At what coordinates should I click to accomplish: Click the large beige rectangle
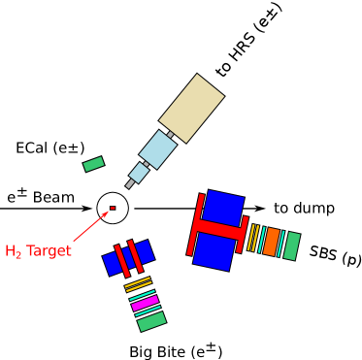(191, 108)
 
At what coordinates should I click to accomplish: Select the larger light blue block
(158, 149)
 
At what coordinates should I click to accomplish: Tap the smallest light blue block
(139, 173)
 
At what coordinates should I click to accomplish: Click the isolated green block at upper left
(93, 164)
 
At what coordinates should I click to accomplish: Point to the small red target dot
(113, 208)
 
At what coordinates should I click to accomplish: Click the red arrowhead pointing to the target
(104, 214)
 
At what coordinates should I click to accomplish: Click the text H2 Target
(38, 252)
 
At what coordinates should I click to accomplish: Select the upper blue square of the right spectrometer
(223, 209)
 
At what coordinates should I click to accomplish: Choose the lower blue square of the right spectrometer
(214, 251)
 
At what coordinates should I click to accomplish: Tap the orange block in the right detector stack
(272, 242)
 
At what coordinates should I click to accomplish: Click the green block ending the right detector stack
(291, 245)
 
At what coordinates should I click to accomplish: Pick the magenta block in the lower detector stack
(146, 303)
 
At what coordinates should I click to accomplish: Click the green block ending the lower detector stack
(151, 321)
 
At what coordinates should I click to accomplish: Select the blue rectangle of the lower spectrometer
(128, 258)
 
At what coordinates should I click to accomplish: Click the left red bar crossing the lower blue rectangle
(122, 260)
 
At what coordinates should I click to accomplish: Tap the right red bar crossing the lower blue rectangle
(136, 255)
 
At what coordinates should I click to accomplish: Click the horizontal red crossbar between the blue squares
(218, 230)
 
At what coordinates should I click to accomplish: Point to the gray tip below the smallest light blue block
(130, 183)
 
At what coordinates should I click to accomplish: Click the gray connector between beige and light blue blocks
(171, 135)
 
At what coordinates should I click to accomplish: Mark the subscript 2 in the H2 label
(17, 256)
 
